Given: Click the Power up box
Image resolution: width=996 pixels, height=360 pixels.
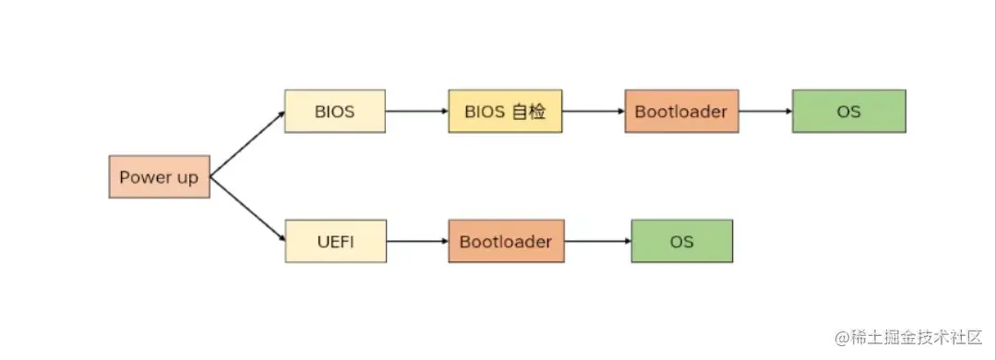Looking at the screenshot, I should click(x=159, y=177).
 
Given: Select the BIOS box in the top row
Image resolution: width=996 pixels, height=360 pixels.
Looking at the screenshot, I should click(x=334, y=112).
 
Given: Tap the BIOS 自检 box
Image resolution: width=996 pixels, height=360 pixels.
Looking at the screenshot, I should click(x=505, y=112).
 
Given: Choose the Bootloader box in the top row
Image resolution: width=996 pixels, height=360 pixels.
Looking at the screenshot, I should click(x=681, y=112).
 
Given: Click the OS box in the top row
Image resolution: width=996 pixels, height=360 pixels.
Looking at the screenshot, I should click(x=848, y=112).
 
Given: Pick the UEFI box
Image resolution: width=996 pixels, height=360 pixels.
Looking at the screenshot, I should click(x=335, y=242).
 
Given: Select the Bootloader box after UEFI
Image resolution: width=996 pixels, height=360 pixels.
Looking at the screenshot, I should click(x=506, y=242).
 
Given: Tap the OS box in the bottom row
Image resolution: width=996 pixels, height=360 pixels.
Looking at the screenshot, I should click(x=681, y=242).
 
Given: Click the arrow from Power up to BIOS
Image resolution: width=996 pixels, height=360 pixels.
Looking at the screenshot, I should click(x=247, y=144).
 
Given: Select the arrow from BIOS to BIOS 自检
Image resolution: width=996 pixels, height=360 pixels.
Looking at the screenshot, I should click(x=416, y=112).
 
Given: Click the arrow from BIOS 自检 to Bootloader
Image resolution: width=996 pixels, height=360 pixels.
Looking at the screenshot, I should click(x=593, y=112).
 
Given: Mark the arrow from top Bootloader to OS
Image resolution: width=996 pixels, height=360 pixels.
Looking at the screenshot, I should click(x=765, y=112).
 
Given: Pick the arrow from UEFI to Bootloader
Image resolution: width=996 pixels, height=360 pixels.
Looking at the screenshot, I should click(x=417, y=242).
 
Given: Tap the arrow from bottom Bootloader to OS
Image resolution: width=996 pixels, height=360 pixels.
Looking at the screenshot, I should click(x=597, y=242).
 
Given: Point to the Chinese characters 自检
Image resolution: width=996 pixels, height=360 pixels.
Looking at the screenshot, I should click(x=532, y=112).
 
